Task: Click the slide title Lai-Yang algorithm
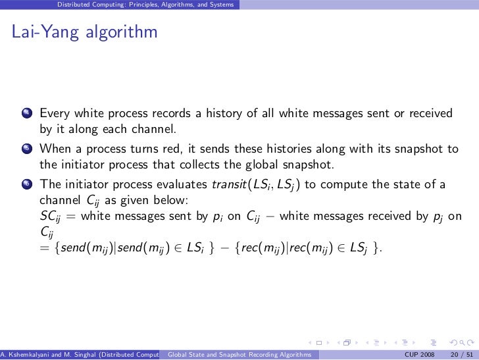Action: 84,32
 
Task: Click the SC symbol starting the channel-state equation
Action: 49,217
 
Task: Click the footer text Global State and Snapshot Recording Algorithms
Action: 239,355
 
